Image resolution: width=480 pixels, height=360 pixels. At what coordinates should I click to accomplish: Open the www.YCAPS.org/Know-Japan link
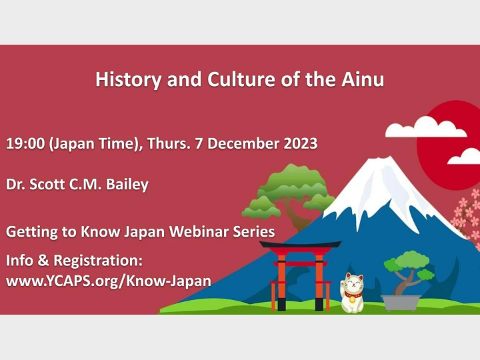click(x=108, y=281)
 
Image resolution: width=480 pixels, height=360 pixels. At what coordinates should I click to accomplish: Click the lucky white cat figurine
click(x=352, y=293)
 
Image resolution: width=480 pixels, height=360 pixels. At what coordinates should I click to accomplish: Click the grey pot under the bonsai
click(x=401, y=302)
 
